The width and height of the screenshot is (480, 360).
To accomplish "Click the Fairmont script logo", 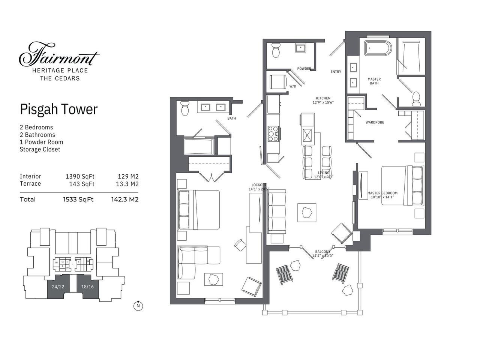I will (x=59, y=55).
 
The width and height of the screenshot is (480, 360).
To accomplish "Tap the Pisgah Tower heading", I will (x=58, y=109).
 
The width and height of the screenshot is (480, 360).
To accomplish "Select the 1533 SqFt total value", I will (x=78, y=199).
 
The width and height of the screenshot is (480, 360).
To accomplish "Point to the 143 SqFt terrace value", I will (x=82, y=184).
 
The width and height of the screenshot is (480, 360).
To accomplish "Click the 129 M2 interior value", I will (x=128, y=176).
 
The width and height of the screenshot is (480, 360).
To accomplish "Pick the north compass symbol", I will (x=138, y=306).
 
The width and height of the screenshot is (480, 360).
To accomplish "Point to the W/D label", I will (x=292, y=87).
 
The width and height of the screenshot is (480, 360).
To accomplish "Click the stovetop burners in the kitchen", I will (x=273, y=133).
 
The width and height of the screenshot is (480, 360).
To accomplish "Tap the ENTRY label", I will (x=336, y=72).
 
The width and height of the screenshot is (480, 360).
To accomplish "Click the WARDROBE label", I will (x=375, y=122).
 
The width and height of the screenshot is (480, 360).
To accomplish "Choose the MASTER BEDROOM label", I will (x=382, y=193).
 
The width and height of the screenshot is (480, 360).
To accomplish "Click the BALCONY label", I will (x=322, y=252).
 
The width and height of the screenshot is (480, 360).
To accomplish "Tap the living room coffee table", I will (x=306, y=212).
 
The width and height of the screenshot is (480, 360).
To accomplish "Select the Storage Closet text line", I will (x=40, y=150).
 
